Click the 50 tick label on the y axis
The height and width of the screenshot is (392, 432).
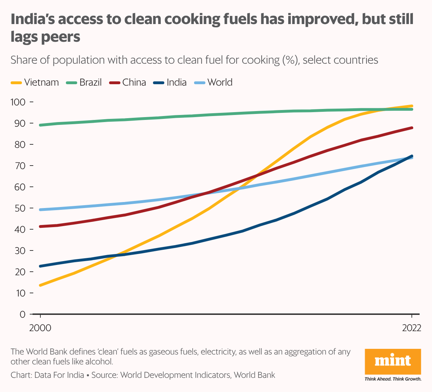pos(20,208)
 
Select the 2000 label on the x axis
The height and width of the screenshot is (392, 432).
pos(40,328)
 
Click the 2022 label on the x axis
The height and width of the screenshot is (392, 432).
pos(411,328)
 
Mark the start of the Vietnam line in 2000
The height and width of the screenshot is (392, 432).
pos(40,285)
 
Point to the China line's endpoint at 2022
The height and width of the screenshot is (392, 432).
pos(412,128)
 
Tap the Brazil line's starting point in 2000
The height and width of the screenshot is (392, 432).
pos(40,125)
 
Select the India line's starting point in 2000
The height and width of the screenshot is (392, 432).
pos(40,266)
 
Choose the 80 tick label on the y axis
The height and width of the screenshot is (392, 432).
pos(20,145)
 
